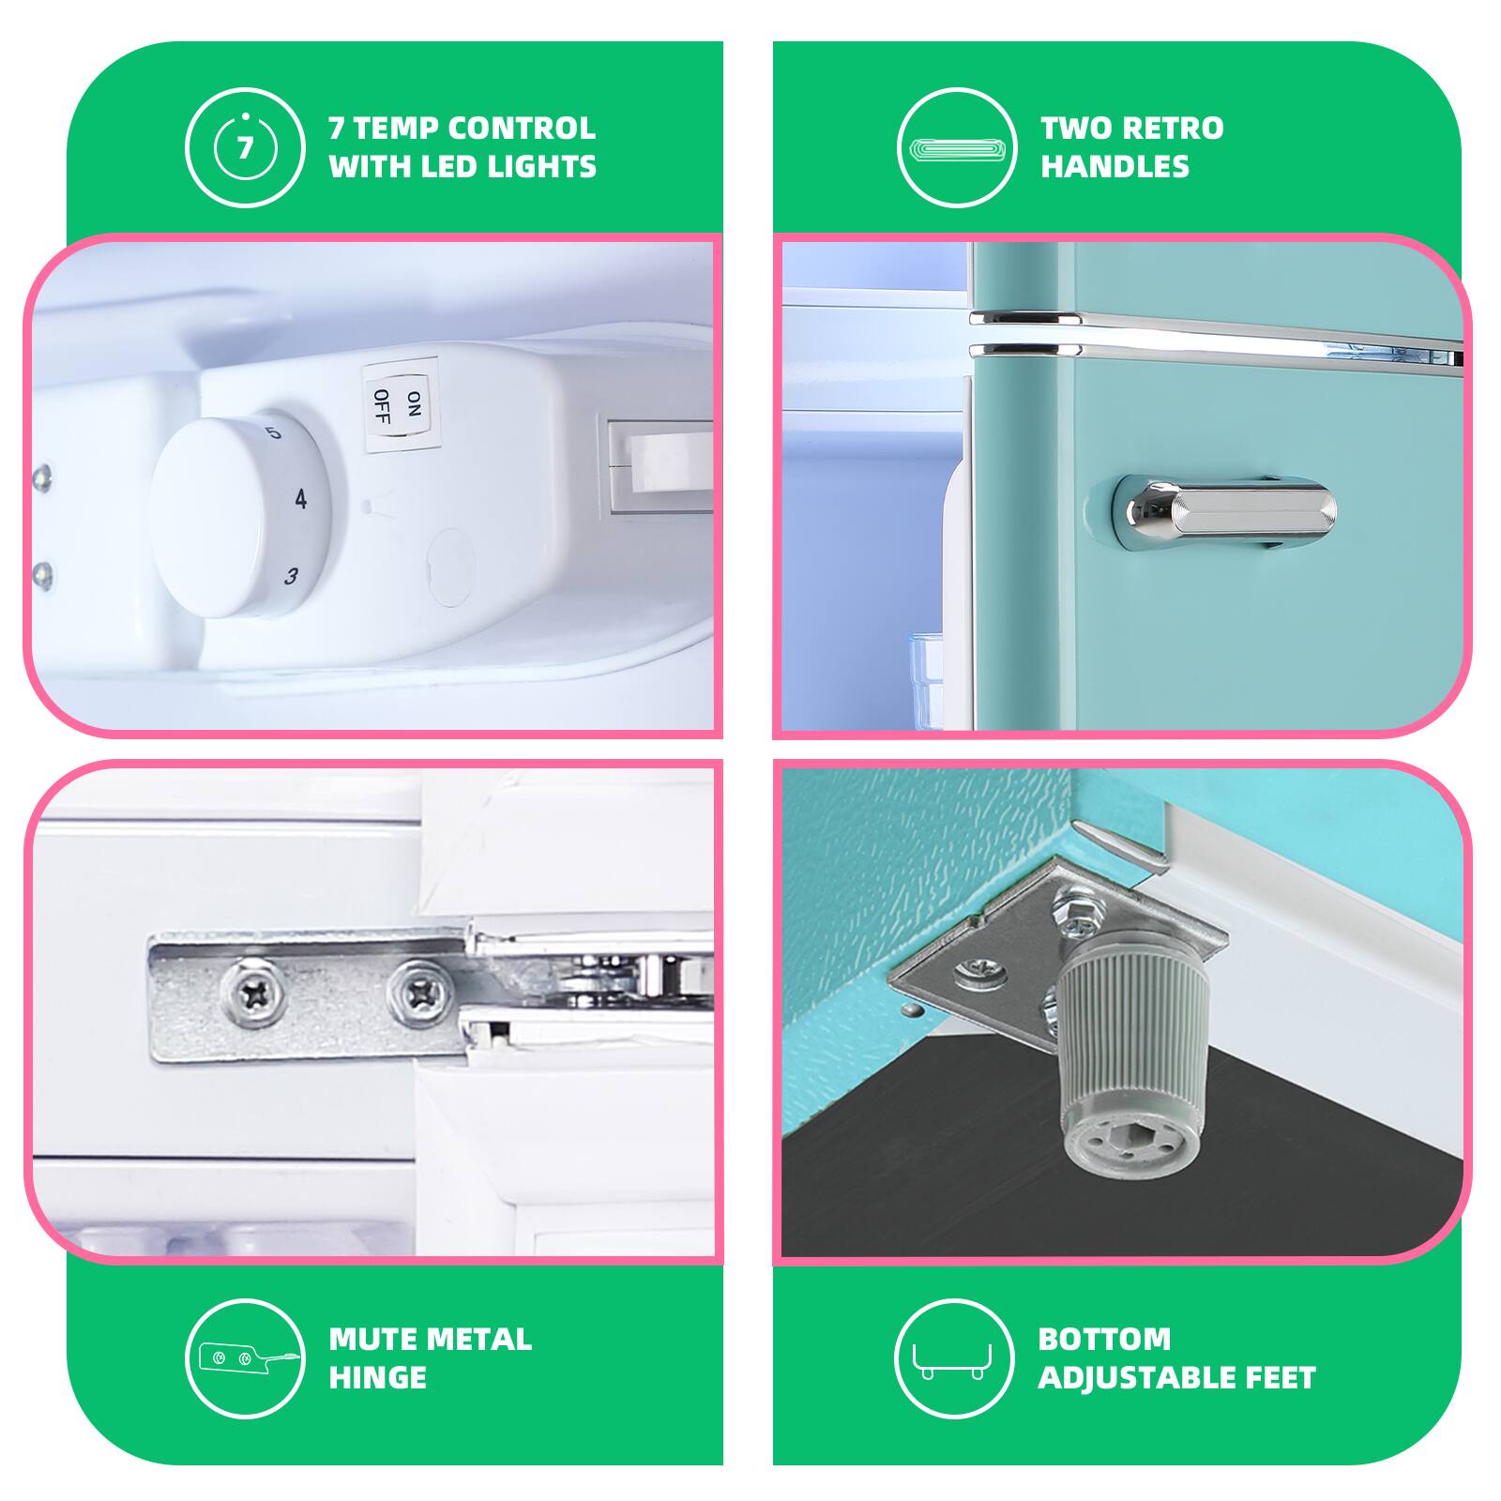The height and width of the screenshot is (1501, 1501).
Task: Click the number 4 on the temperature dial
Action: click(300, 498)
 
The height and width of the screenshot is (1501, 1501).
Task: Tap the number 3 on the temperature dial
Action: click(292, 576)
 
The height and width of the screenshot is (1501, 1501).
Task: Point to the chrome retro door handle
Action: click(1224, 513)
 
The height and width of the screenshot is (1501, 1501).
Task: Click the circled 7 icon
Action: click(245, 147)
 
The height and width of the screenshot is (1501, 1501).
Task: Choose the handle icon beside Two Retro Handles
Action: click(957, 147)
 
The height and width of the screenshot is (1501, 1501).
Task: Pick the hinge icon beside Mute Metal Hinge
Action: click(245, 1358)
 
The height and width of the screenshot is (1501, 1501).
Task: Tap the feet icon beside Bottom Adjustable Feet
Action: click(954, 1358)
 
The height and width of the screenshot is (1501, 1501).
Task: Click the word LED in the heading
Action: click(446, 167)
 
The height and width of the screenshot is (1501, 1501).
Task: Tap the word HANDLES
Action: click(1114, 167)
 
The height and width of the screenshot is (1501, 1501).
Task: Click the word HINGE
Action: click(378, 1378)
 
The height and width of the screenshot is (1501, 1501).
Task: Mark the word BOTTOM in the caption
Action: click(1104, 1339)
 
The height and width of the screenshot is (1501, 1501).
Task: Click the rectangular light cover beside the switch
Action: click(660, 467)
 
